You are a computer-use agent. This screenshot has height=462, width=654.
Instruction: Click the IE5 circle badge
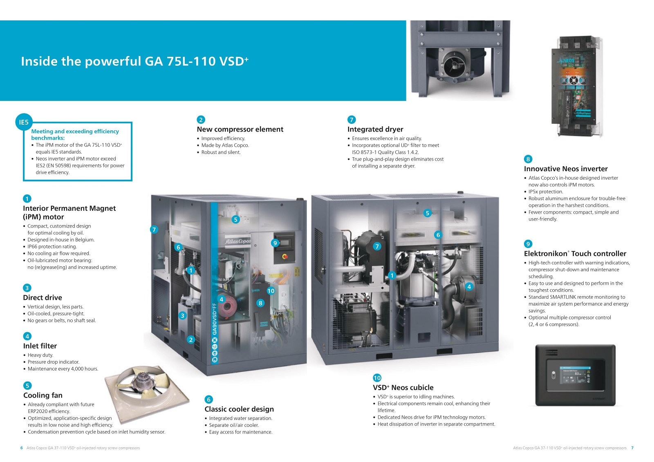(x=24, y=122)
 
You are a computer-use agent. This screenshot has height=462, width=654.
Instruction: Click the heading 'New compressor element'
(x=240, y=129)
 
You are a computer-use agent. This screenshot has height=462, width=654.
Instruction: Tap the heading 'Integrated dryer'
(x=375, y=129)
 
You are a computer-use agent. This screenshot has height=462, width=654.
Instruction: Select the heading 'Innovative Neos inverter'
(x=566, y=169)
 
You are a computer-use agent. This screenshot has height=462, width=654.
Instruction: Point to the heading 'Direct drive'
(x=43, y=297)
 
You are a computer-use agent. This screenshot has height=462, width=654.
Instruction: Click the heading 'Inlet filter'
(x=40, y=346)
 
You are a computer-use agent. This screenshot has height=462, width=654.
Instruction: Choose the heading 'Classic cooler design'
(x=239, y=409)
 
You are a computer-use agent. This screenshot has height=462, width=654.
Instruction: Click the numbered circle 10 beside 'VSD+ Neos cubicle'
(x=377, y=378)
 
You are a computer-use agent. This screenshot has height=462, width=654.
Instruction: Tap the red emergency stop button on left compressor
(x=284, y=257)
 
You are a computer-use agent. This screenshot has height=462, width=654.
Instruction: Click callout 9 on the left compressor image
(x=275, y=243)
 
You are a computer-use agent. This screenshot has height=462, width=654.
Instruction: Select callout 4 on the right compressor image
(x=469, y=287)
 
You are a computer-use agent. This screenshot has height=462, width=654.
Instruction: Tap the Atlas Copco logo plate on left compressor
(x=237, y=241)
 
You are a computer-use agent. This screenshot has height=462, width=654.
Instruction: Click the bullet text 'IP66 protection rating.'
(x=52, y=247)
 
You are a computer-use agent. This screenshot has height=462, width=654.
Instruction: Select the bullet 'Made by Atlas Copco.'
(x=225, y=145)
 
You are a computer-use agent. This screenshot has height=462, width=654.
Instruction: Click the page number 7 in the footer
(x=632, y=448)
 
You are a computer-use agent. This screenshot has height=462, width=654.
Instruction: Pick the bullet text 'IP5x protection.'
(x=546, y=192)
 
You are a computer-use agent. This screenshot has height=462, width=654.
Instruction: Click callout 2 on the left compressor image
(x=190, y=340)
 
